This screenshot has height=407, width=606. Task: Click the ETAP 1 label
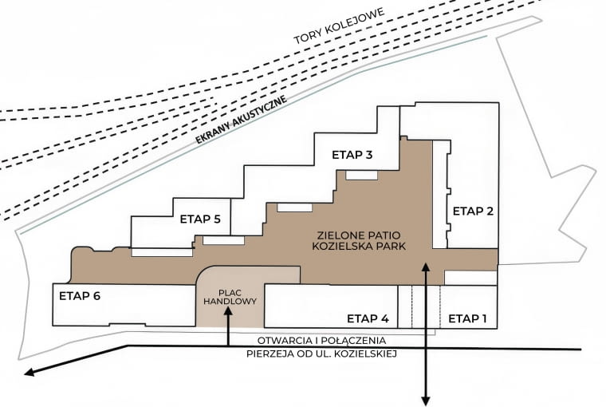(467, 318)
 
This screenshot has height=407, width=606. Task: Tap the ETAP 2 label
(473, 211)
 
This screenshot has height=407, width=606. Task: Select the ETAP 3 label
(352, 155)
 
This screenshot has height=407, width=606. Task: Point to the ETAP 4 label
(368, 318)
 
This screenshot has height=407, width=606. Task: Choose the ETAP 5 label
(200, 219)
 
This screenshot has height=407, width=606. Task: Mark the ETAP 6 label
(80, 296)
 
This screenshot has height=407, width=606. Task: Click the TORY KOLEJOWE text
(340, 26)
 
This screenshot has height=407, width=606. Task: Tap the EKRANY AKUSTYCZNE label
(242, 120)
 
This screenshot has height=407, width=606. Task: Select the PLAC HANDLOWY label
(230, 297)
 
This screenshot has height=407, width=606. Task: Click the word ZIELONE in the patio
(336, 235)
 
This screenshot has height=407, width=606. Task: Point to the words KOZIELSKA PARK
(359, 246)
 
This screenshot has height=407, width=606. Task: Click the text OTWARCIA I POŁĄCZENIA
(321, 341)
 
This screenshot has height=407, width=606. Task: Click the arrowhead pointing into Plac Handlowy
(228, 310)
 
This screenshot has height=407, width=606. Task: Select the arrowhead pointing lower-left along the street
(30, 373)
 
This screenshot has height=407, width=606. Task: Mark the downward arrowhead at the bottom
(426, 401)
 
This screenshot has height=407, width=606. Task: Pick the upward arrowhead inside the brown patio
(426, 267)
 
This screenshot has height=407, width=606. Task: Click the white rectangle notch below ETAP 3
(361, 176)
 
